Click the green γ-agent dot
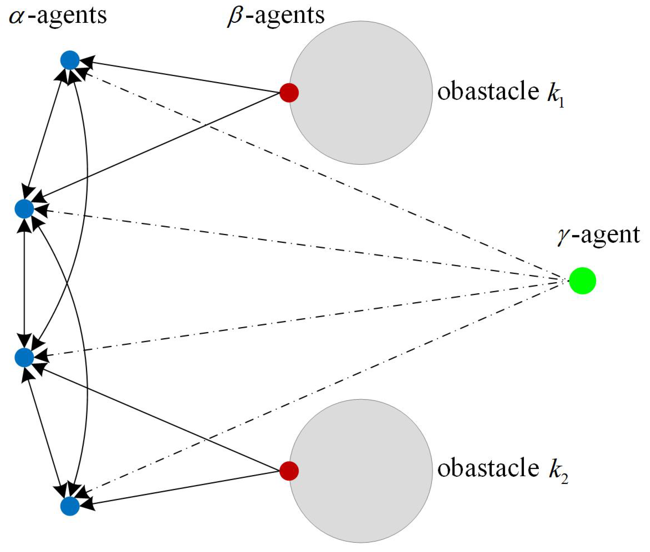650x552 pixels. pyautogui.click(x=582, y=281)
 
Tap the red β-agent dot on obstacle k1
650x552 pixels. pyautogui.click(x=289, y=93)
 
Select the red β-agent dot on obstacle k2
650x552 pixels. pyautogui.click(x=289, y=471)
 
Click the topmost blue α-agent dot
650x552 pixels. pyautogui.click(x=70, y=60)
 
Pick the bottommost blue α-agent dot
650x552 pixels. pyautogui.click(x=70, y=506)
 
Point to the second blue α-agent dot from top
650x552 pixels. pyautogui.click(x=24, y=209)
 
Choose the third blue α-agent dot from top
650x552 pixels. pyautogui.click(x=24, y=357)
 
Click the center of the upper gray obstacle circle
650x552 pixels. pyautogui.click(x=361, y=93)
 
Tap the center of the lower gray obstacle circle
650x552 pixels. pyautogui.click(x=361, y=471)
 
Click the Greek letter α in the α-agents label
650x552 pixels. pyautogui.click(x=17, y=16)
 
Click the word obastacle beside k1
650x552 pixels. pyautogui.click(x=488, y=92)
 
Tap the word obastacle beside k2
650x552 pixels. pyautogui.click(x=488, y=469)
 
